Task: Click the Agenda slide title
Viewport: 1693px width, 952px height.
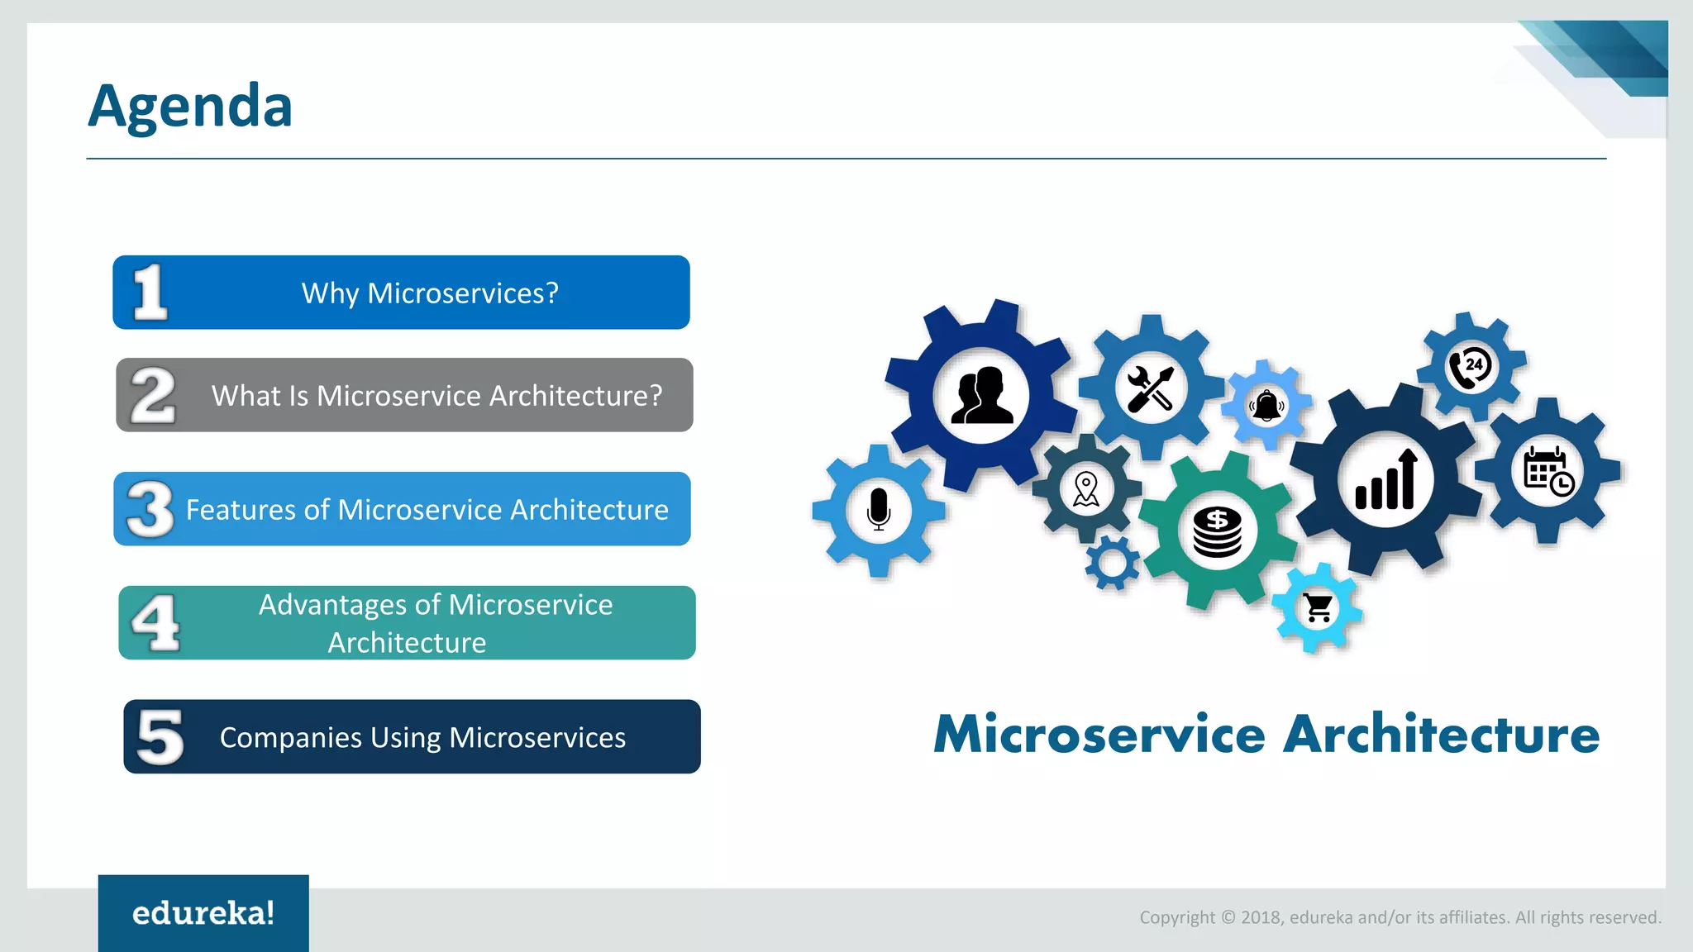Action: pos(190,107)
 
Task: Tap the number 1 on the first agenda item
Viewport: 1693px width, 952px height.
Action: pos(150,293)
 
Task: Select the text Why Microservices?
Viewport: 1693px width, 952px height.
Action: pos(430,293)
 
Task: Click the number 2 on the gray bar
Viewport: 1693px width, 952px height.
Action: pos(154,396)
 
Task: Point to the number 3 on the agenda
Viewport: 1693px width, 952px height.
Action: pos(150,509)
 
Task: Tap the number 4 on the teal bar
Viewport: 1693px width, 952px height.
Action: pos(155,623)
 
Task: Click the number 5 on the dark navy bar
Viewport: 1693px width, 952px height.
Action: pos(160,736)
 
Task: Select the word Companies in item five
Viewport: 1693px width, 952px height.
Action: pos(290,737)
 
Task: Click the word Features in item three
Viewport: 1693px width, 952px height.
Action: pos(241,510)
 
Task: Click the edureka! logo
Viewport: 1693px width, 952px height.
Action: pos(203,913)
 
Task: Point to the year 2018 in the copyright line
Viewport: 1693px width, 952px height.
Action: pos(1261,917)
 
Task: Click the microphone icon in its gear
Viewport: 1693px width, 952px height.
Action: pos(879,509)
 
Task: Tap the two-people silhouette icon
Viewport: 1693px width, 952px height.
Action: pos(981,396)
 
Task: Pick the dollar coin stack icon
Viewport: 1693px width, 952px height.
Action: pos(1217,532)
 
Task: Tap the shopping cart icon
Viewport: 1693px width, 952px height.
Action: pos(1318,608)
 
